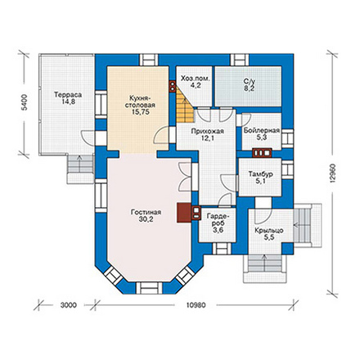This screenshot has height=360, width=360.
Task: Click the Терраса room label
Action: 68,95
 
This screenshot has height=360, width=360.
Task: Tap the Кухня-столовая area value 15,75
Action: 140,112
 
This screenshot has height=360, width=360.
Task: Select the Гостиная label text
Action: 146,212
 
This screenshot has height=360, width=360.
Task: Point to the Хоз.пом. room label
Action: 196,79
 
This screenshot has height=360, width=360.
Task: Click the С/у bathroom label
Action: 249,81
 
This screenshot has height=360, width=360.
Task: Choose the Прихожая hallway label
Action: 207,132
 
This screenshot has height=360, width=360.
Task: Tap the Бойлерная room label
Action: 262,130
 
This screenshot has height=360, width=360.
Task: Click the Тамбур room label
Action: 261,173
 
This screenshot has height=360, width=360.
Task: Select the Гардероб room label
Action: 217,219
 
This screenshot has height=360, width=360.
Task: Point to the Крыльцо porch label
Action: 269,231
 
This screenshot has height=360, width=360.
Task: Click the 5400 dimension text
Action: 25,102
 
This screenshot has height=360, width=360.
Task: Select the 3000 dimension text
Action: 69,305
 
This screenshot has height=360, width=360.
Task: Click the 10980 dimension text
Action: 196,305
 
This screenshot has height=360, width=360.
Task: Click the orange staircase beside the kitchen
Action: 185,105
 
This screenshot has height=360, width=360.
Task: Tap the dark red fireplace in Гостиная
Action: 183,213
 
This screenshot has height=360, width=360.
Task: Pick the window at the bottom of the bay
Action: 149,288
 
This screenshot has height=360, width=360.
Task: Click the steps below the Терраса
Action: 80,164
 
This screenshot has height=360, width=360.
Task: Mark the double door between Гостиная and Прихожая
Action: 185,177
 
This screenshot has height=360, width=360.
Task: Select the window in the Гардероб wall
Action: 222,249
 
